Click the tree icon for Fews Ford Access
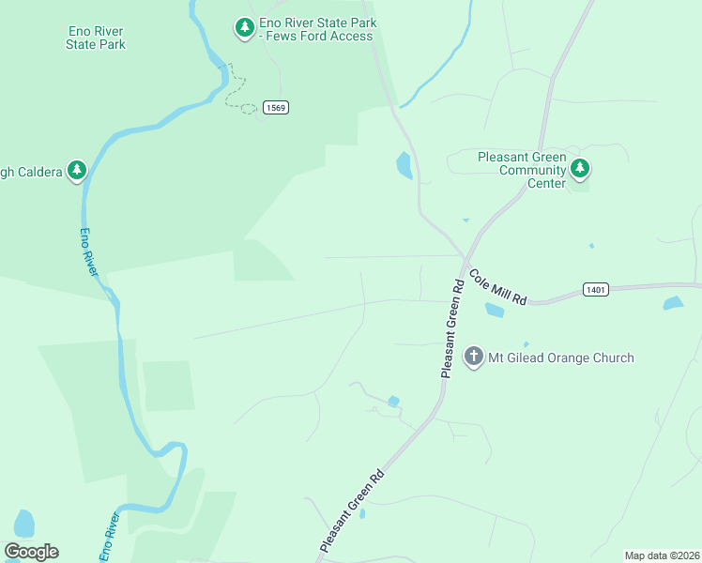(x=244, y=28)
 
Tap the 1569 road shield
(x=275, y=107)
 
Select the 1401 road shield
(x=595, y=289)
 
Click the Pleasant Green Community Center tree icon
(x=581, y=169)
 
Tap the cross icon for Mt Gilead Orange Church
(x=474, y=357)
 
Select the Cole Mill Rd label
(x=498, y=286)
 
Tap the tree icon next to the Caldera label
(x=78, y=171)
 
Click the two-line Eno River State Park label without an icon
(x=97, y=38)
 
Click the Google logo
(x=31, y=552)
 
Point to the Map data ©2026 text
(x=662, y=555)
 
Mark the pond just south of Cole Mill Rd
(x=494, y=310)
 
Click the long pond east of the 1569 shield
(x=404, y=165)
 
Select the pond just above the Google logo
(x=24, y=524)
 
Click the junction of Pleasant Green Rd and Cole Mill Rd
(x=466, y=261)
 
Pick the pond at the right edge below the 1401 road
(x=673, y=303)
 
